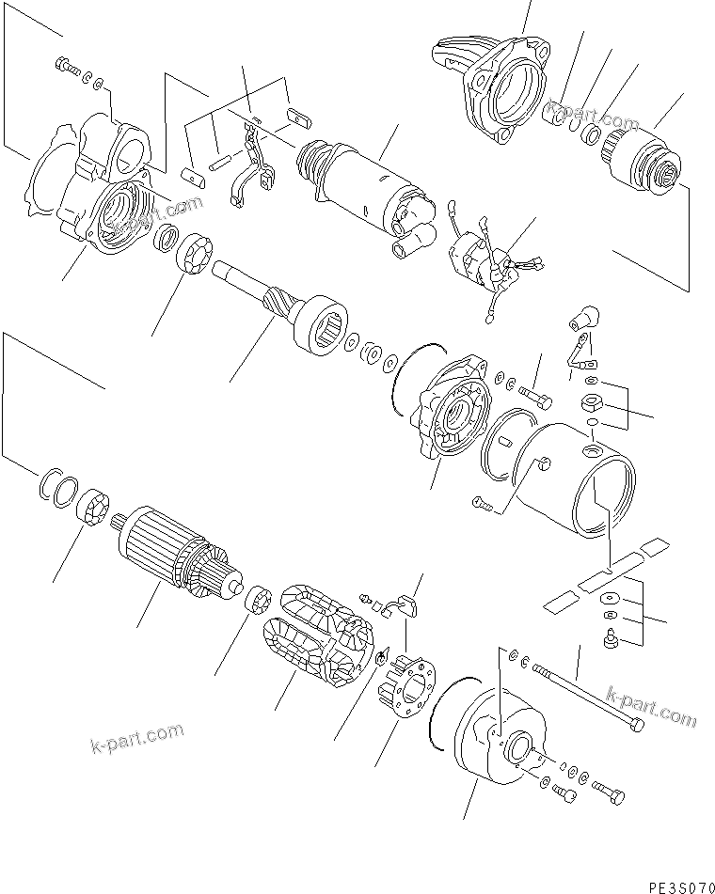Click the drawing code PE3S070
pos(677,884)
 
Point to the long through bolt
pos(587,699)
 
